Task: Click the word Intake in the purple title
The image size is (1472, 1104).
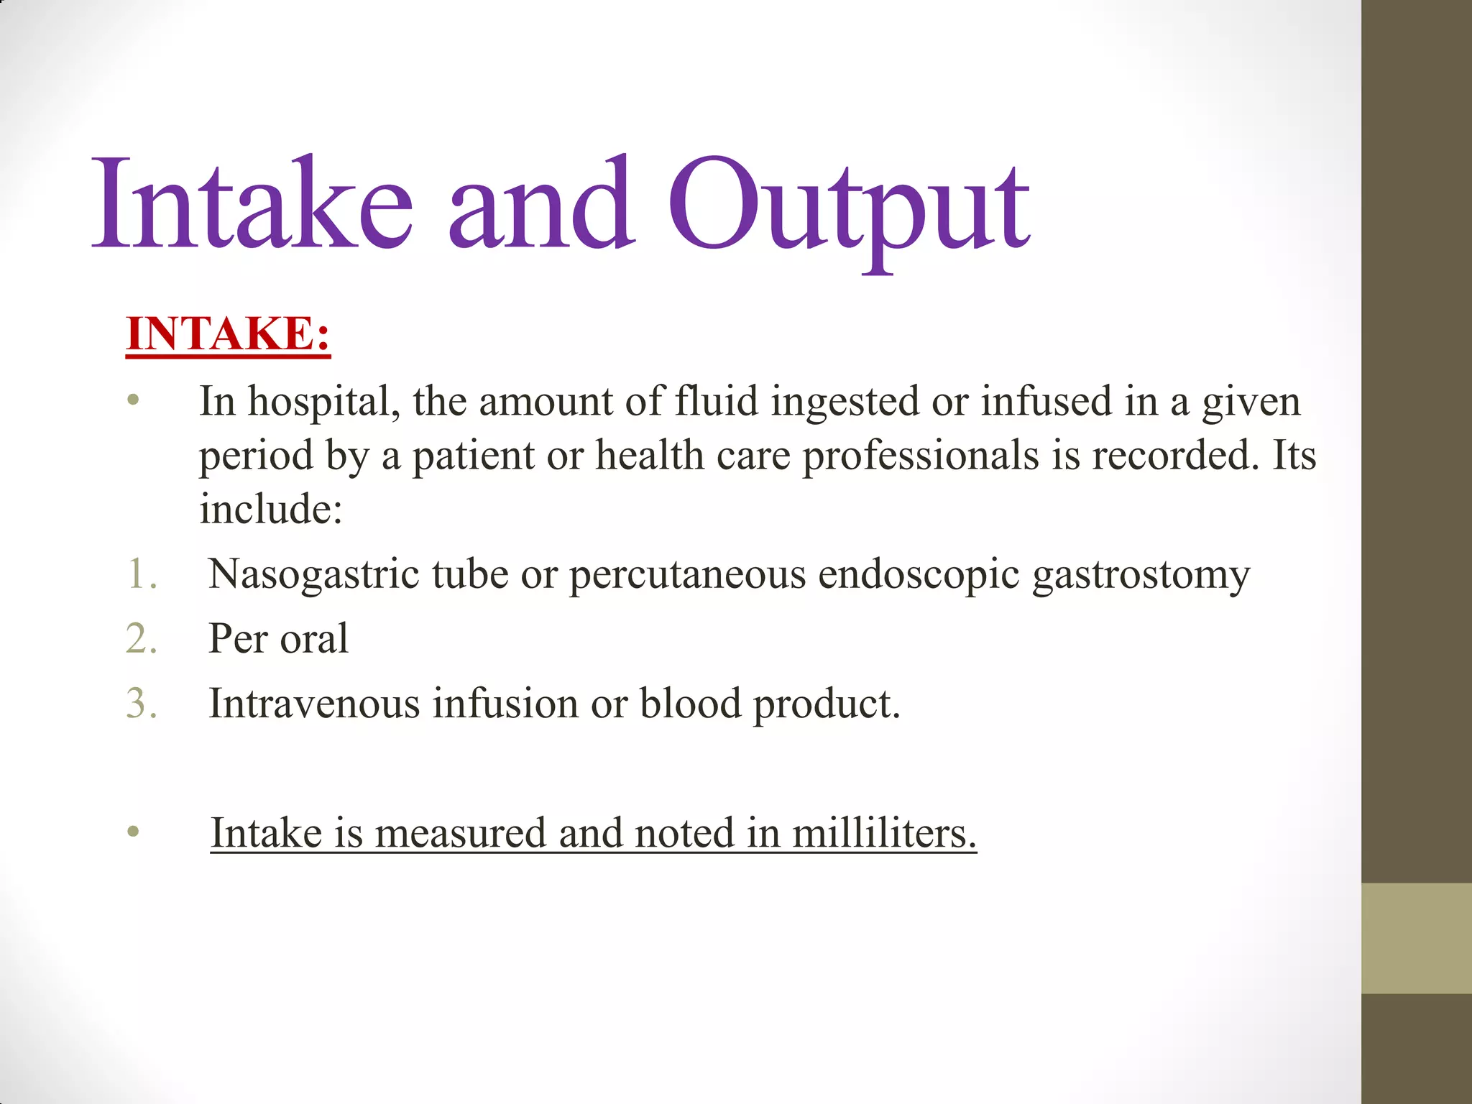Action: coord(252,205)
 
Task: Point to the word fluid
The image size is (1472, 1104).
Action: coord(716,401)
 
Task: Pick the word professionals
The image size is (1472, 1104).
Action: coord(921,456)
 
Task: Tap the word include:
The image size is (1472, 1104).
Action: coord(271,509)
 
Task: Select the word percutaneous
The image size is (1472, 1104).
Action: coord(687,575)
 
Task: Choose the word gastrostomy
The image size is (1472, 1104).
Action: coord(1141,575)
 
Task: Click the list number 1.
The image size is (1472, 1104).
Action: coord(142,574)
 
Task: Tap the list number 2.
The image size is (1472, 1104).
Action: coord(142,639)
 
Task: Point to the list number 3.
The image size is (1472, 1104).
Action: coord(142,704)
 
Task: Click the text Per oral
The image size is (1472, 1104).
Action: coord(278,639)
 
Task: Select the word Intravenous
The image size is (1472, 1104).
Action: coord(314,704)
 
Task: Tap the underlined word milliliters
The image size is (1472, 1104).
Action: coord(884,834)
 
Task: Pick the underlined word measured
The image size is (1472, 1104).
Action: coord(460,834)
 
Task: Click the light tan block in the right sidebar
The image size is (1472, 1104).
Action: coord(1417,938)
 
